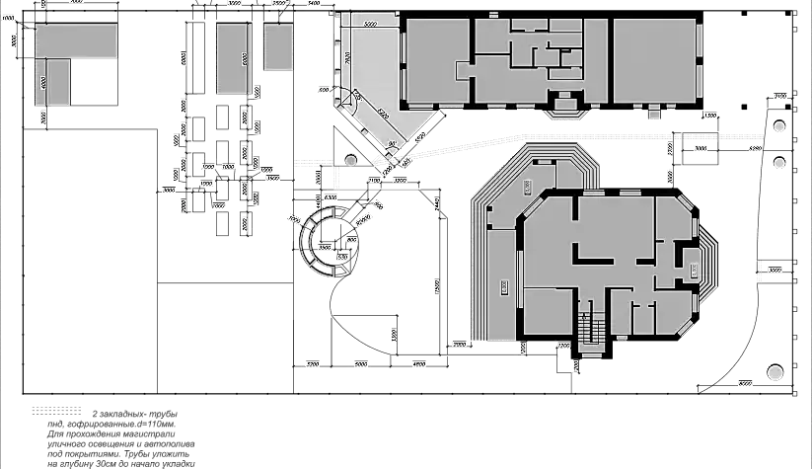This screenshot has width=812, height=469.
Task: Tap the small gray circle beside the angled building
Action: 350,159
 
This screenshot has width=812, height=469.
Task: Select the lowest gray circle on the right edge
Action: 775,372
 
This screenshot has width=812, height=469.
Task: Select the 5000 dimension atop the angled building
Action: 372,23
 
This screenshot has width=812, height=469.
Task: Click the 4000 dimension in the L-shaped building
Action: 43,84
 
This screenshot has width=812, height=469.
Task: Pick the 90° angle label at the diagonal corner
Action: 392,144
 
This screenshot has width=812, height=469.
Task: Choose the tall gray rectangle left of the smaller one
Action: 234,58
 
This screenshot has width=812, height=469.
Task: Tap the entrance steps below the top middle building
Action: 566,107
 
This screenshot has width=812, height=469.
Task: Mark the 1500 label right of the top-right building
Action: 709,117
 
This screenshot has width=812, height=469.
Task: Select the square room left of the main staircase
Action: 547,311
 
